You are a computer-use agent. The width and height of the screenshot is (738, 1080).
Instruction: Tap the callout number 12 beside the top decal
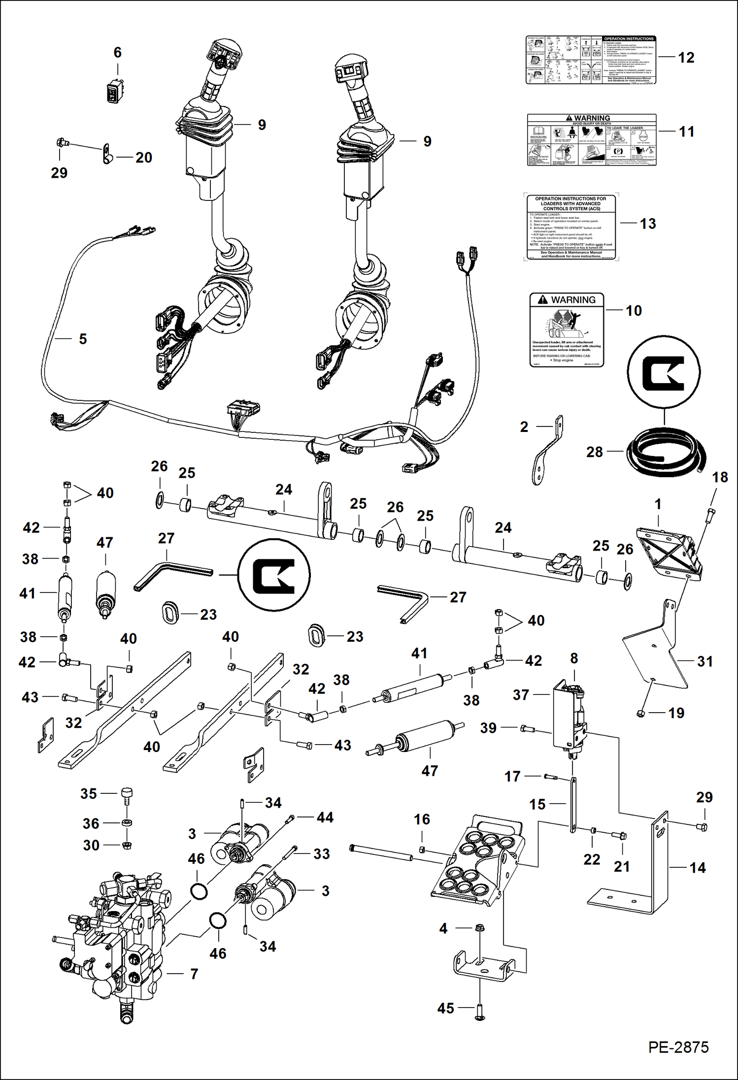(x=686, y=58)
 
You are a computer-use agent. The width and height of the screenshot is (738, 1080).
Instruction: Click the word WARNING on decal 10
(x=573, y=300)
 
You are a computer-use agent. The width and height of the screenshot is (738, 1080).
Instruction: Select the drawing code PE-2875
(x=678, y=1047)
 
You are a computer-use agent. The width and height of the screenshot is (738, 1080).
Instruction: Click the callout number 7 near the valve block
(x=194, y=974)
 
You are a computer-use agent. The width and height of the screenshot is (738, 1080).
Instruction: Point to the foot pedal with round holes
(x=476, y=861)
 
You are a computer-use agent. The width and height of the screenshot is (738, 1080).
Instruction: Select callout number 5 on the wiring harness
(x=83, y=339)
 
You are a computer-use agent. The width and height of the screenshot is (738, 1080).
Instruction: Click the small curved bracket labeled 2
(x=548, y=451)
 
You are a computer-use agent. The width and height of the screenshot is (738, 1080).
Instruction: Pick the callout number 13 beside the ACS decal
(x=648, y=224)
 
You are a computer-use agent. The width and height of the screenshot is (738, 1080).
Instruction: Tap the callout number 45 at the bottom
(x=445, y=1008)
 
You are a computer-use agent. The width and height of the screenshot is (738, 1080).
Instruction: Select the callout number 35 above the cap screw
(x=89, y=793)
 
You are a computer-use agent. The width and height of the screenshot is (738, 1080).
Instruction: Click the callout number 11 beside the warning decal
(x=686, y=132)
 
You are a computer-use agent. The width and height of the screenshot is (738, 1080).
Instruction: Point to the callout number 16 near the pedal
(x=422, y=819)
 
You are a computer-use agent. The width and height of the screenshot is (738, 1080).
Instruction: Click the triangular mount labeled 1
(x=668, y=554)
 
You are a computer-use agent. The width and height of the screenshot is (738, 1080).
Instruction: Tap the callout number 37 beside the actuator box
(x=520, y=694)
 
